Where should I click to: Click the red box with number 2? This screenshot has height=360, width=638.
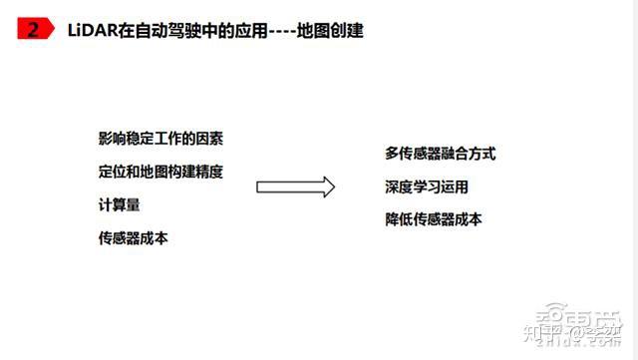pyautogui.click(x=33, y=30)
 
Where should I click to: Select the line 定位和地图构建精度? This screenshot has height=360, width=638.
pyautogui.click(x=159, y=171)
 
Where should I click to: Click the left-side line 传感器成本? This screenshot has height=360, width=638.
pyautogui.click(x=133, y=237)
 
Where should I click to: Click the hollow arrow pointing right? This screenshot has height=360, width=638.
pyautogui.click(x=295, y=186)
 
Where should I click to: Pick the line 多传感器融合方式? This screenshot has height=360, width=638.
pyautogui.click(x=440, y=154)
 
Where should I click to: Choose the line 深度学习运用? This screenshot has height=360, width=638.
pyautogui.click(x=426, y=186)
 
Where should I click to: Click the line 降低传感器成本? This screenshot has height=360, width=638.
pyautogui.click(x=433, y=219)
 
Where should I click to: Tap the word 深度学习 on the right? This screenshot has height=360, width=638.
pyautogui.click(x=412, y=186)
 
